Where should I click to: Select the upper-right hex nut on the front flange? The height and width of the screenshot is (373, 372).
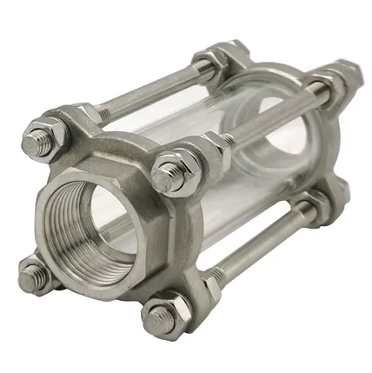[x=169, y=175]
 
